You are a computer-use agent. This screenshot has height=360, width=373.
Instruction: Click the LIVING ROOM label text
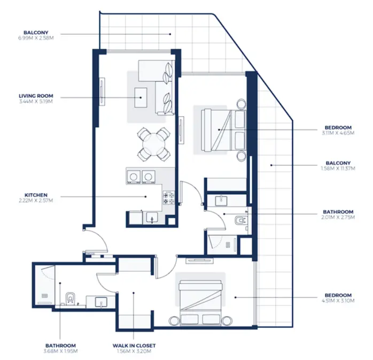(35, 97)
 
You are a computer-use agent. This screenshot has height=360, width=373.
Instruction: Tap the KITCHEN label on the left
(36, 195)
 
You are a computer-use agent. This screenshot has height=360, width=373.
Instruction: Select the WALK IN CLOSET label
(135, 346)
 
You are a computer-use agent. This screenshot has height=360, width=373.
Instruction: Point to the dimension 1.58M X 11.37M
(338, 168)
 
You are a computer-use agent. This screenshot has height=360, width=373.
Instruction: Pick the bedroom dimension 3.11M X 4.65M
(338, 133)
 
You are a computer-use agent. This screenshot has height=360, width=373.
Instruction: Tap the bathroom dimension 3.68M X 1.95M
(60, 351)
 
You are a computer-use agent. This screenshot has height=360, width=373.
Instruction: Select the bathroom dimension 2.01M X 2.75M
(338, 218)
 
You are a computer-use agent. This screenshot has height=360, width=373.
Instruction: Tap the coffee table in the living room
(142, 97)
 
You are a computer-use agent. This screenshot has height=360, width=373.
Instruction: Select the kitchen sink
(151, 217)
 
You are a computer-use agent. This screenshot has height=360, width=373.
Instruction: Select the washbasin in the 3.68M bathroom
(101, 302)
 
